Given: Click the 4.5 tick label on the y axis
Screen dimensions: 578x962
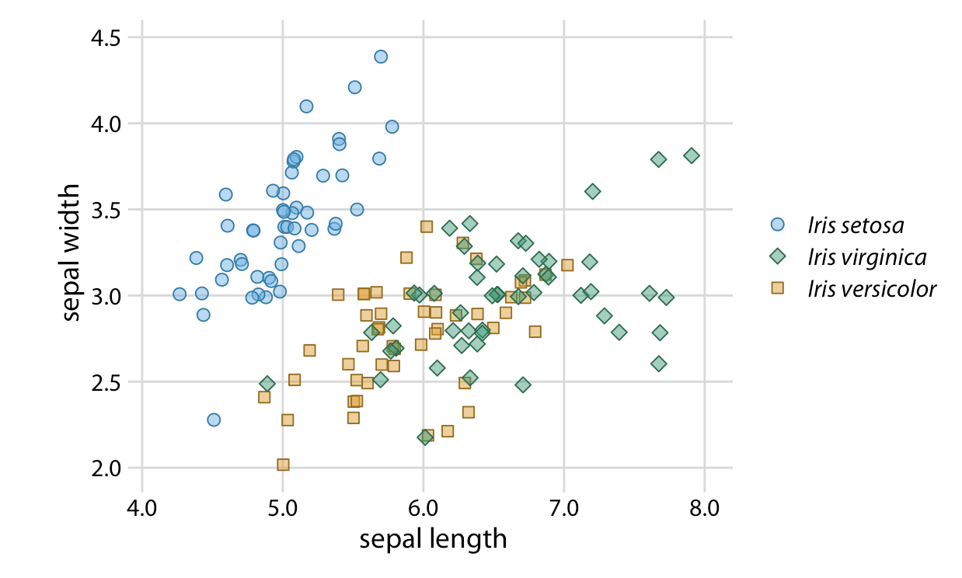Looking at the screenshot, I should coord(106,37).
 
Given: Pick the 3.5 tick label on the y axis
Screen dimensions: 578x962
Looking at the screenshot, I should coord(106,210).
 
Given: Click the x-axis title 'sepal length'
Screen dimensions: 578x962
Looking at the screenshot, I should coord(433,538).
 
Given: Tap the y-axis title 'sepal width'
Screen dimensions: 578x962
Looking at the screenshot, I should coord(71,252).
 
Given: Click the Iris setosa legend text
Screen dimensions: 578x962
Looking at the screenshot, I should coord(856,225).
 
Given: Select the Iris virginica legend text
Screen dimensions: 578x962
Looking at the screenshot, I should coord(866,256).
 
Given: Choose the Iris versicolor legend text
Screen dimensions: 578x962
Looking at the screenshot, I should coord(872,288).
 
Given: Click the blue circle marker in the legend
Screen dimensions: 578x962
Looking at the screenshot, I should coord(777,225).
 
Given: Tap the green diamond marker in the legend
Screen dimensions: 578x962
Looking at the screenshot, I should coord(777,256).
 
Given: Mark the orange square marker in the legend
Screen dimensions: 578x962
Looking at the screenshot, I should coord(777,288).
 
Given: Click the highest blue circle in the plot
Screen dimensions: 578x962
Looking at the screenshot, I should coord(381,57).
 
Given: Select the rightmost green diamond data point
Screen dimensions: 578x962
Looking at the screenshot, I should coord(692,155).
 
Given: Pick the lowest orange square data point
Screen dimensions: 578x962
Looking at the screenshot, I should coord(283,465).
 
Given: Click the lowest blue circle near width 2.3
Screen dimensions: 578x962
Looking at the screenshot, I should coord(214,420).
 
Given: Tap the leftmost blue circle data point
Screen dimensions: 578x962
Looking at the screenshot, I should coord(180,294).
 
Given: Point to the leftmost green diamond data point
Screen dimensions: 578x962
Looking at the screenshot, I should coord(267,384).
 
